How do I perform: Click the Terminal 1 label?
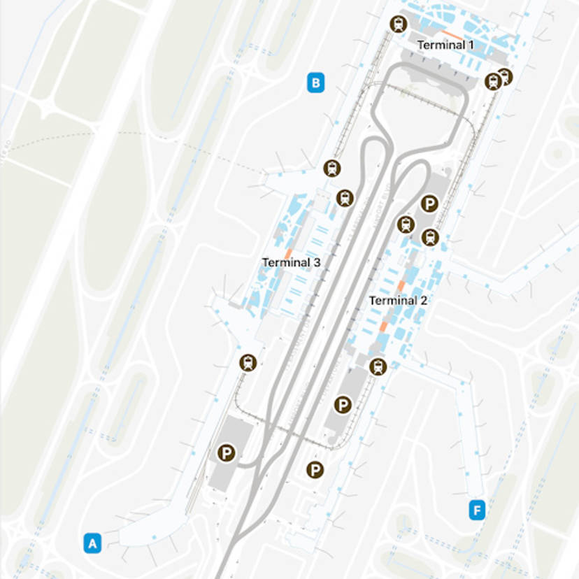[x=445, y=45]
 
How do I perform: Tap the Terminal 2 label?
[x=398, y=301]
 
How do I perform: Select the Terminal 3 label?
[x=291, y=263]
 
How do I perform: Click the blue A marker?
[x=92, y=543]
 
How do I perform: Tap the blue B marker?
[x=315, y=83]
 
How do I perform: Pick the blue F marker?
[x=476, y=510]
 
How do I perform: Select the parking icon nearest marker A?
[x=225, y=453]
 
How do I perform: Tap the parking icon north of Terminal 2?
[x=430, y=203]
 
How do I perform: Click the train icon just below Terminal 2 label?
[x=378, y=366]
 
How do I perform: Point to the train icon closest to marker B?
[x=331, y=168]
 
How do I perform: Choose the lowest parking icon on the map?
[x=315, y=470]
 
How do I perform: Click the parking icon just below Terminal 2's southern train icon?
[x=342, y=404]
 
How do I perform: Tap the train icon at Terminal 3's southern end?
[x=248, y=362]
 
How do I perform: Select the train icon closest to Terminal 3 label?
[x=345, y=198]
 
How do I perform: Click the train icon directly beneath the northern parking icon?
[x=430, y=237]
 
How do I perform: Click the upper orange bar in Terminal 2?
[x=401, y=286]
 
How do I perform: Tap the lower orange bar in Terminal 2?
[x=383, y=327]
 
